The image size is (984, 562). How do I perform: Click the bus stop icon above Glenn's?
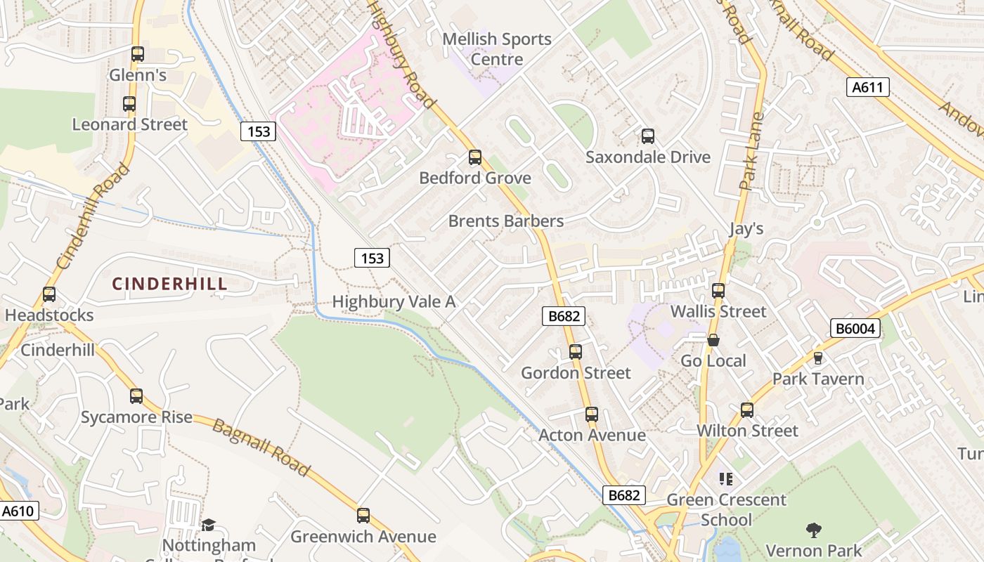pyautogui.click(x=138, y=54)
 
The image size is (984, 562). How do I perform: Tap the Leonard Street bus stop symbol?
pyautogui.click(x=129, y=104)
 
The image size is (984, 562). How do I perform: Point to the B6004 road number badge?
pyautogui.click(x=855, y=328)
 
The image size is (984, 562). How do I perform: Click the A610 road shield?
pyautogui.click(x=18, y=511)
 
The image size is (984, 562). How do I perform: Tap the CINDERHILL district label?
pyautogui.click(x=170, y=284)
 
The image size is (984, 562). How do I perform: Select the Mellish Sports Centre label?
pyautogui.click(x=497, y=49)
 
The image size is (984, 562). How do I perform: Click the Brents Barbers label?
pyautogui.click(x=506, y=221)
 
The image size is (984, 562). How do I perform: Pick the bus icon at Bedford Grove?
pyautogui.click(x=475, y=157)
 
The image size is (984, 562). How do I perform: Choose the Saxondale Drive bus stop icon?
pyautogui.click(x=648, y=136)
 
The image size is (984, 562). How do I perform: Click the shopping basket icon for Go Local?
pyautogui.click(x=713, y=340)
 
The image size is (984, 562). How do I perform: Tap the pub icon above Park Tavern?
pyautogui.click(x=817, y=358)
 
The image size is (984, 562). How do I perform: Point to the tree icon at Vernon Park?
pyautogui.click(x=814, y=529)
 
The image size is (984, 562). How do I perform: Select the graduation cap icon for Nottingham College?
pyautogui.click(x=208, y=525)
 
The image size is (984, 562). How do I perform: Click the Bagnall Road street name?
pyautogui.click(x=261, y=447)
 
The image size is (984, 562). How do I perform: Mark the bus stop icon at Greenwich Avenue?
pyautogui.click(x=363, y=516)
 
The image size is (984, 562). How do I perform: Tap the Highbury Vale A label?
pyautogui.click(x=394, y=302)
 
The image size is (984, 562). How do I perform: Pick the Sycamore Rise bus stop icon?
pyautogui.click(x=136, y=396)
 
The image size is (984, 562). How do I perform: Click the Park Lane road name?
pyautogui.click(x=751, y=152)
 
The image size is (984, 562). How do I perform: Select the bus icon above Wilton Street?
pyautogui.click(x=747, y=410)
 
